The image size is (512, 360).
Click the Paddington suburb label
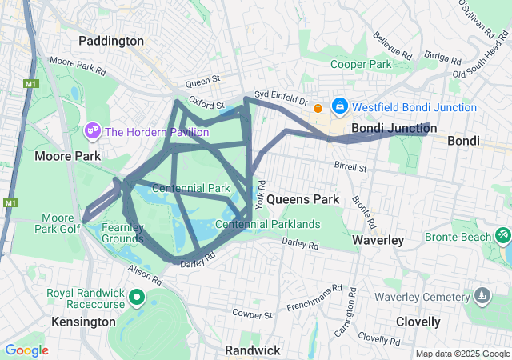pos(111,40)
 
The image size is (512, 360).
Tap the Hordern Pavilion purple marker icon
pos(92,130)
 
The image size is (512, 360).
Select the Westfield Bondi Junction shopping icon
pos(340,106)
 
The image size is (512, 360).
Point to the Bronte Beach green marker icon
pos(502,236)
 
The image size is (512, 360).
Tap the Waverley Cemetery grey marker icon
pos(481,296)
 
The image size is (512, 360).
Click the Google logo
pos(26,350)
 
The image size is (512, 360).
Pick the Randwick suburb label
pos(252,350)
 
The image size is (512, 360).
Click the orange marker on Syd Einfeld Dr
pos(318,108)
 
